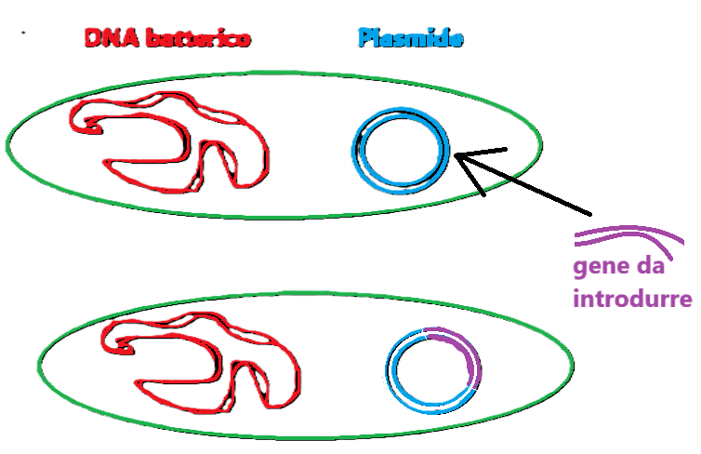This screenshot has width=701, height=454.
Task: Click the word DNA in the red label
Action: coord(105,39)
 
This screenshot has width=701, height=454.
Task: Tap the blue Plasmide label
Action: coord(410,39)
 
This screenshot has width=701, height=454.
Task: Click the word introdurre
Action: coord(632,300)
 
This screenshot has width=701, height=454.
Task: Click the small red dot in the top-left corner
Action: coord(21,33)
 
